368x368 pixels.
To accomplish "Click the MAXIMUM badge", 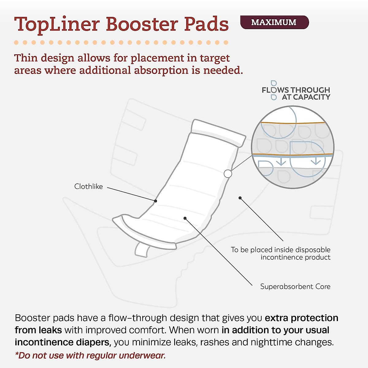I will tap(274, 22).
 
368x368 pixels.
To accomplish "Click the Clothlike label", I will tap(88, 186).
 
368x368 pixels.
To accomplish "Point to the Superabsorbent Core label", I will tap(295, 287).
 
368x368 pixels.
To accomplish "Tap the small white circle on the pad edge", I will tap(228, 174).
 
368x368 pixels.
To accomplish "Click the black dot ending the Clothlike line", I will tap(156, 201).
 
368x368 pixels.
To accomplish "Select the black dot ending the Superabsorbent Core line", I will tap(185, 218).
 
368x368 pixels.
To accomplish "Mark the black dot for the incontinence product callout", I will tap(240, 198).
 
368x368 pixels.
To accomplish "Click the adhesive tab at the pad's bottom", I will tap(142, 250).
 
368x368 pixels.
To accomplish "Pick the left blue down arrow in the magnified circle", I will tap(281, 162).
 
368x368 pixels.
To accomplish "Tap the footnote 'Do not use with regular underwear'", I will tap(90, 356).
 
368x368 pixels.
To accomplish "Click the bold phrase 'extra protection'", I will tap(301, 318).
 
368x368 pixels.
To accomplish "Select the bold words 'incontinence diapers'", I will tap(63, 342).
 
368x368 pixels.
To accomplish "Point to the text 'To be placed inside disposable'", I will tap(281, 250).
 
